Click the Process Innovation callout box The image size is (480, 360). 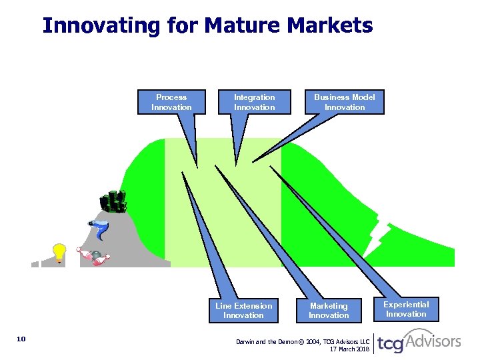(171, 102)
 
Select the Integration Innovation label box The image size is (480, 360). (254, 102)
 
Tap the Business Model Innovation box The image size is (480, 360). (345, 102)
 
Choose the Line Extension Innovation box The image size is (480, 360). (243, 310)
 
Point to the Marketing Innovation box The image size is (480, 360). (329, 310)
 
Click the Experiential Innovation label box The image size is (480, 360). (406, 309)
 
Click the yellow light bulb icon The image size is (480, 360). (59, 253)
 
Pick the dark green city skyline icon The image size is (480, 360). (113, 201)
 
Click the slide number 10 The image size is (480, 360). (21, 339)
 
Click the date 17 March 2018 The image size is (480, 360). (349, 349)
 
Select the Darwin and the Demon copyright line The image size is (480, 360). (302, 341)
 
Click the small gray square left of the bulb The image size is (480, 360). (35, 263)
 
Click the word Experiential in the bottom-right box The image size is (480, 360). (406, 304)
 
